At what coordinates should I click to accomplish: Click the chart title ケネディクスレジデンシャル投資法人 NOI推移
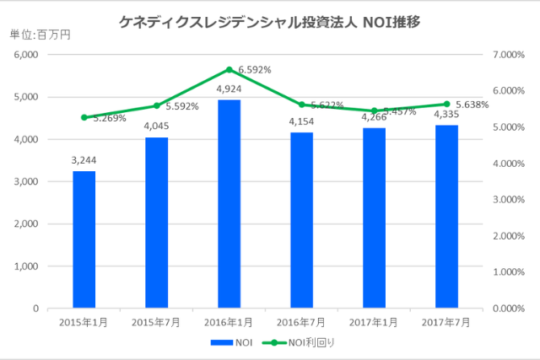tap(270, 21)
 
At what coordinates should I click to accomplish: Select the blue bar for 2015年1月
tap(84, 239)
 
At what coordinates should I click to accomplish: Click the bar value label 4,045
tap(156, 126)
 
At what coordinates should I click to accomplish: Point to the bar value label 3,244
tap(84, 160)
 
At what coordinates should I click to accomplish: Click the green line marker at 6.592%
tap(229, 70)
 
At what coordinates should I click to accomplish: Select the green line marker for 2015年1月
tap(84, 117)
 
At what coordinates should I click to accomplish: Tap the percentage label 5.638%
tap(482, 105)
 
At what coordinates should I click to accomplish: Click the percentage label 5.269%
tap(110, 119)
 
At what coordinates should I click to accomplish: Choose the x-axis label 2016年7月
tap(301, 322)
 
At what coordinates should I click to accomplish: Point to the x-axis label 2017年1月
tap(374, 322)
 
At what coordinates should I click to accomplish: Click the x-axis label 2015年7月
tap(156, 322)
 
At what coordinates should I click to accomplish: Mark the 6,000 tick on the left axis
tap(27, 55)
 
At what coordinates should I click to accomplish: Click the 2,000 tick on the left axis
tap(27, 224)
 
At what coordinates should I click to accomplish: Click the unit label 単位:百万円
tap(40, 35)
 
